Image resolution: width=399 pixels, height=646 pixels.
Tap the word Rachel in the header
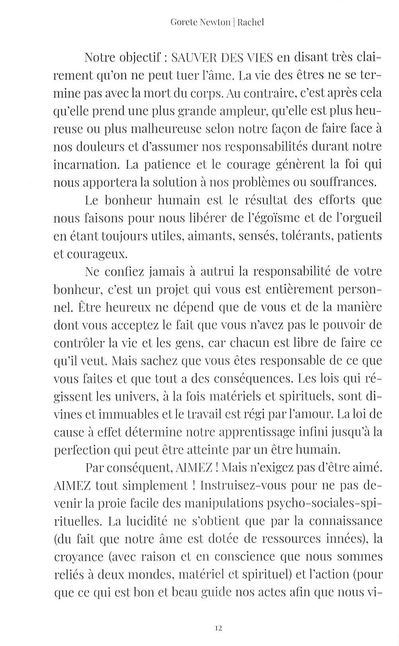tap(250, 23)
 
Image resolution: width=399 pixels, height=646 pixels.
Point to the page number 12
tap(218, 628)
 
